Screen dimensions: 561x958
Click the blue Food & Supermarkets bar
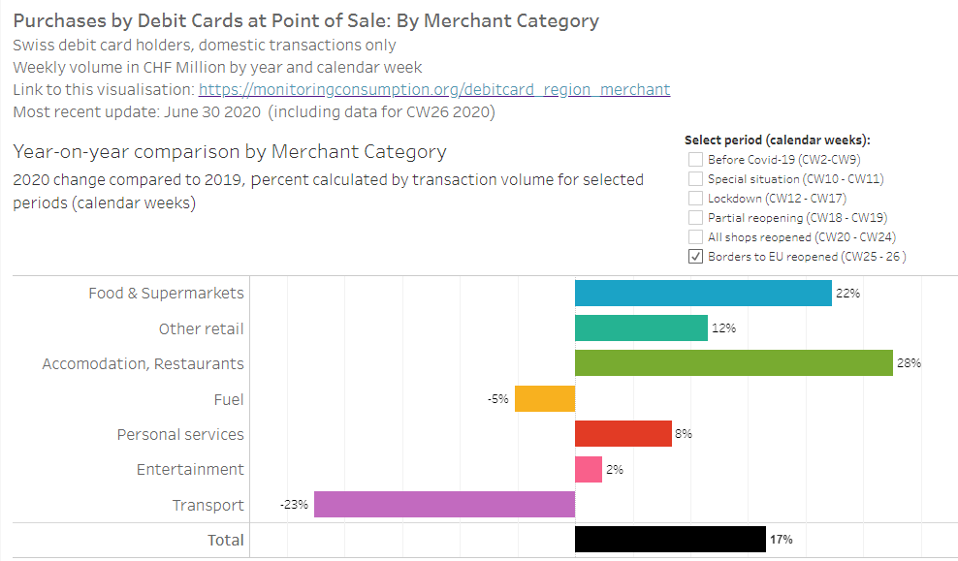tap(703, 294)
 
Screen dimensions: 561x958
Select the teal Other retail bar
tap(641, 328)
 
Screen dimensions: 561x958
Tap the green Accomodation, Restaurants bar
tap(733, 363)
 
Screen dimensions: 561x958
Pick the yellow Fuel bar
tap(545, 399)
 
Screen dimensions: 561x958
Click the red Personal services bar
tap(623, 434)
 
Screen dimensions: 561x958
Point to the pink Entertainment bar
tap(589, 469)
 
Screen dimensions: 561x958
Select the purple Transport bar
tap(444, 505)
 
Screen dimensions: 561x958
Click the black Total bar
tap(670, 540)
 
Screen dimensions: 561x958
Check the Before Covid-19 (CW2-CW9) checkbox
tap(695, 160)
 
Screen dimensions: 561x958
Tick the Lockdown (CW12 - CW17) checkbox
tap(695, 199)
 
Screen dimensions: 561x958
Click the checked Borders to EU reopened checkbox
tap(695, 257)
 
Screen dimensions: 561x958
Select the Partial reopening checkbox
tap(695, 218)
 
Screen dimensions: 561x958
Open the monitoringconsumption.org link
tap(434, 90)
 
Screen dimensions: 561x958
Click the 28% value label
tap(909, 363)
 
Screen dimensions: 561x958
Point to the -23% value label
tap(295, 505)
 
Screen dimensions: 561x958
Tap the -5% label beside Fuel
tap(498, 399)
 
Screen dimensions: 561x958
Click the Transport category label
tap(208, 505)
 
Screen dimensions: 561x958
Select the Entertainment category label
tap(190, 470)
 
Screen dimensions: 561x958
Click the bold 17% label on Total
tap(781, 540)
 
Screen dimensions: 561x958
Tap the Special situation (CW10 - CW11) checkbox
tap(695, 179)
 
